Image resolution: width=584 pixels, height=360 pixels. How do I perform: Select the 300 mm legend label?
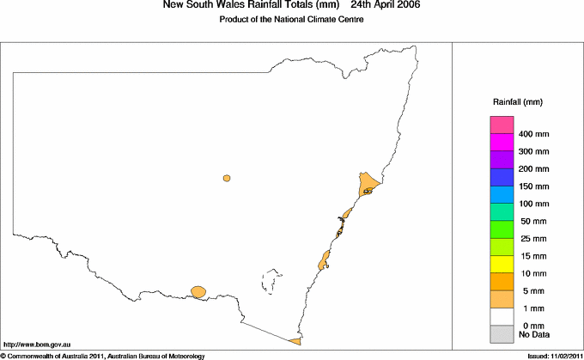coord(533,152)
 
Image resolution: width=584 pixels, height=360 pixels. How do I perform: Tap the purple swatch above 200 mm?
coord(502,161)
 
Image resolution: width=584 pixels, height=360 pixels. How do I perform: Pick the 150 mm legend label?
coord(533,186)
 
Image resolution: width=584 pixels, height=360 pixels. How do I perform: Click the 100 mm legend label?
coord(533,204)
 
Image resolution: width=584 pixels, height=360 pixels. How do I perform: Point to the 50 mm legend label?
coord(532,221)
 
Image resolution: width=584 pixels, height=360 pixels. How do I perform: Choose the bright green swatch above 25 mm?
coord(502,229)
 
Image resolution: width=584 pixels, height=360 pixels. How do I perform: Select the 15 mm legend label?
coord(532,255)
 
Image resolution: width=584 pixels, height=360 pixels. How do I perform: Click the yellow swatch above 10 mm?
coord(502,264)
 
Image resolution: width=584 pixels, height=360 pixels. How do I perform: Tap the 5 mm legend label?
coord(529,290)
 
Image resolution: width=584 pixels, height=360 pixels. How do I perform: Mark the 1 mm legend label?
coord(529,307)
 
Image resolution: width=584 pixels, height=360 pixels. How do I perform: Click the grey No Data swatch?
coord(502,333)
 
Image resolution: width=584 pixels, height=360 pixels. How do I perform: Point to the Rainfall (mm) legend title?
coord(516,102)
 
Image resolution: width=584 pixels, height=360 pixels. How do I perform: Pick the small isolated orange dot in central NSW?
coord(227,179)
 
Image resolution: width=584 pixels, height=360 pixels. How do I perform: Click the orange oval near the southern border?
coord(199,292)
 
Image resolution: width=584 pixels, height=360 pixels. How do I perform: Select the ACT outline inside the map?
coord(273,281)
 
